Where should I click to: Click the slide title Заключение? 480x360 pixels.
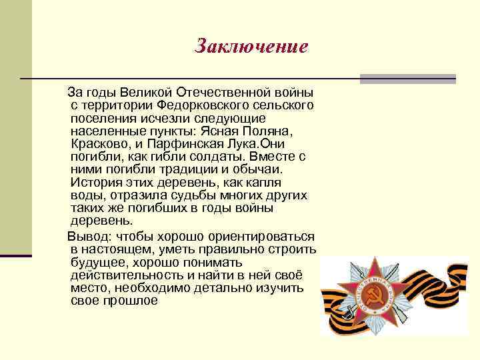[251, 47]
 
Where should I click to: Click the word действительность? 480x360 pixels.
[127, 275]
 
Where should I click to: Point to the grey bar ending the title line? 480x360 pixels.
[408, 79]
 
